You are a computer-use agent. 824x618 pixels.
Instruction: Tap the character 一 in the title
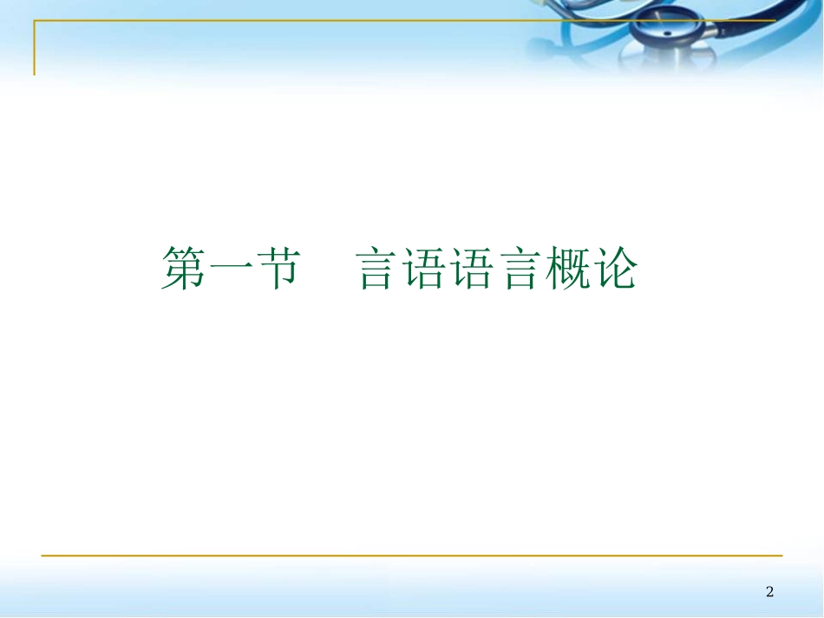coord(230,269)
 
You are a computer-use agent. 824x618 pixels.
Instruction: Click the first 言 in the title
coord(379,269)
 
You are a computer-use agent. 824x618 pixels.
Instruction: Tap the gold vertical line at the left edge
coord(35,48)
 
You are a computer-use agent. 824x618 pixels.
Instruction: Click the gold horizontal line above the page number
coord(412,555)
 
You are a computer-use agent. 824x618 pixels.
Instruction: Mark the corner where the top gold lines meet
coord(35,21)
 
